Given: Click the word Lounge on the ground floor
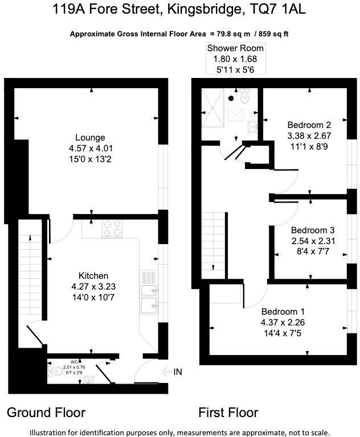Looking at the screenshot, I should click(x=90, y=138).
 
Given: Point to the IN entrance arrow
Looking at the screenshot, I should click(x=171, y=372).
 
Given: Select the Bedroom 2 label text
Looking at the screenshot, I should click(x=309, y=125).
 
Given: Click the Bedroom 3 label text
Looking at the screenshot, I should click(x=312, y=230).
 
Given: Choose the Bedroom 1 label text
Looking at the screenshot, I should click(x=283, y=312).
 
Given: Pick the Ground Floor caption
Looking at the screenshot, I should click(x=46, y=413).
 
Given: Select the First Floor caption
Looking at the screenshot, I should click(x=228, y=413).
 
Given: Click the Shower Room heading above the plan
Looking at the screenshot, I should click(x=235, y=48).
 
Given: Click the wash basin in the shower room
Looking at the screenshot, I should click(x=254, y=126).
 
